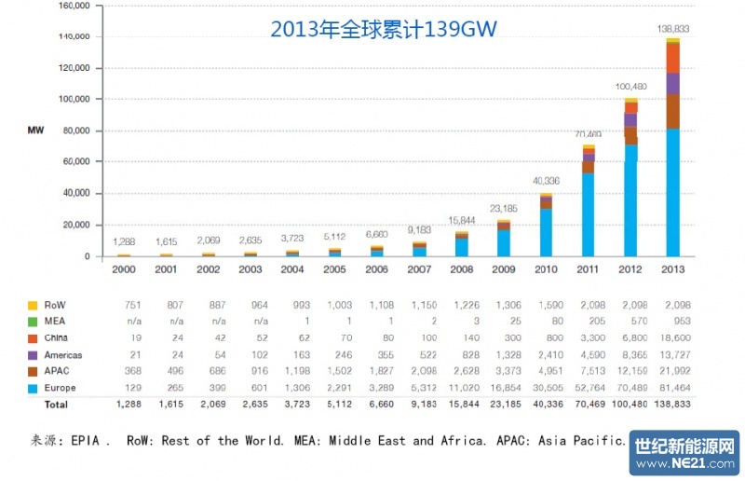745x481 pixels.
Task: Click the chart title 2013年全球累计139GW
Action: (384, 29)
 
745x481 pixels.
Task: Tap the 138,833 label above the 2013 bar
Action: (671, 30)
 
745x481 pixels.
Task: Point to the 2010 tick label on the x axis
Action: (547, 268)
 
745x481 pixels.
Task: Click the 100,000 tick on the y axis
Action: (74, 99)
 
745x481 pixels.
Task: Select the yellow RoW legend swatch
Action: (34, 305)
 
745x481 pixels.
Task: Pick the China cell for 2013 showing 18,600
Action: (671, 337)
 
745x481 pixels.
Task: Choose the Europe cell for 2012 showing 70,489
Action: (629, 388)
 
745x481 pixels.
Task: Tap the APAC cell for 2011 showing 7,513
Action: (589, 371)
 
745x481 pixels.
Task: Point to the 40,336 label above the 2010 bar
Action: (547, 180)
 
